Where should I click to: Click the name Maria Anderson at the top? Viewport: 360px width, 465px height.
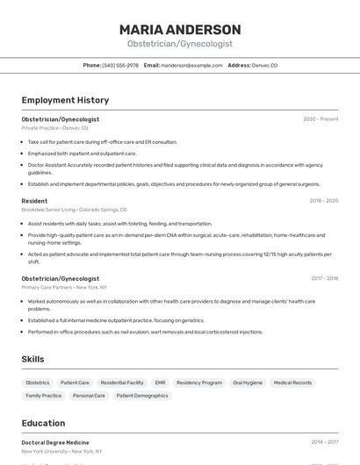(180, 30)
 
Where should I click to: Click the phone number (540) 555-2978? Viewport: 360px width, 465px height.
(120, 65)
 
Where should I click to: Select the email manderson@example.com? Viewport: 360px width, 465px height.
(191, 65)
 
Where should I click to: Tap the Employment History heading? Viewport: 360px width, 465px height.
(65, 100)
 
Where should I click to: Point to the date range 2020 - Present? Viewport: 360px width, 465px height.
(320, 118)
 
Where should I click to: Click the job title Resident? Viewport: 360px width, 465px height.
(34, 201)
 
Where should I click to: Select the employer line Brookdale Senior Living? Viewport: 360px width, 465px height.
(74, 210)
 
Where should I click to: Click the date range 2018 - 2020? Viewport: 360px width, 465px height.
(323, 201)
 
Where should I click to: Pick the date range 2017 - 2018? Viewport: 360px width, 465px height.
(323, 278)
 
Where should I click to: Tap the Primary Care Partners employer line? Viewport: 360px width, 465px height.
(64, 287)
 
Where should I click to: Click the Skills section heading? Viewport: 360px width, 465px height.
(32, 359)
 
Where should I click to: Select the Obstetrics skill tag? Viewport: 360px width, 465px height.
(38, 383)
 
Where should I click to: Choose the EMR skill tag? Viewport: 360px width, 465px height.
(160, 383)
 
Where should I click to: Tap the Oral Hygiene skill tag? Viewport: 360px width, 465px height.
(248, 383)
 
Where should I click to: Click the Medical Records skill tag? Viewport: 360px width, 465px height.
(292, 383)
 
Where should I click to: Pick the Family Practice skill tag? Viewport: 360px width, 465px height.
(44, 396)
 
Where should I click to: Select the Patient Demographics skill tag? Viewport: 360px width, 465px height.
(142, 396)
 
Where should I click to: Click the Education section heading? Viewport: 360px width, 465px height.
(43, 423)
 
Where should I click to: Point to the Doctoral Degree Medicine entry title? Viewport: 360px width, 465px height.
(55, 442)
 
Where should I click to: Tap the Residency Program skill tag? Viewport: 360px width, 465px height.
(199, 383)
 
